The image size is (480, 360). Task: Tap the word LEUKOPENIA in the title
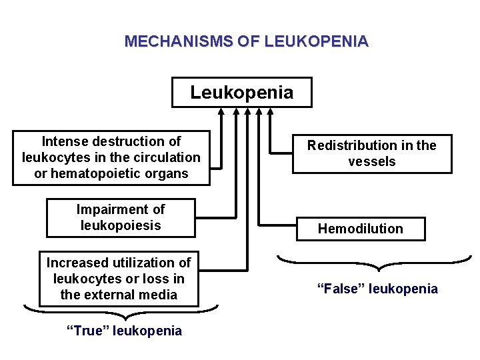point(316,41)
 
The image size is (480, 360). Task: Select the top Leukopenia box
point(241,93)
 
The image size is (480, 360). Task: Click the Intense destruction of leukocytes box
point(111,158)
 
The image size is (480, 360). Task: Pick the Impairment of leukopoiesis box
point(121,217)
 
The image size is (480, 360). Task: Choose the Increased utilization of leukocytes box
point(119,279)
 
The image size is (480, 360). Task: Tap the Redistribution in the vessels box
point(372,154)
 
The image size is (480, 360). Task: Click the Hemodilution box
point(360,229)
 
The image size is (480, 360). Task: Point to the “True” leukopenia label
point(125,331)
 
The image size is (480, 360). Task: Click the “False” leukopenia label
point(377,289)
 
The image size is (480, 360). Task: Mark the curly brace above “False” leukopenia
point(374,263)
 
